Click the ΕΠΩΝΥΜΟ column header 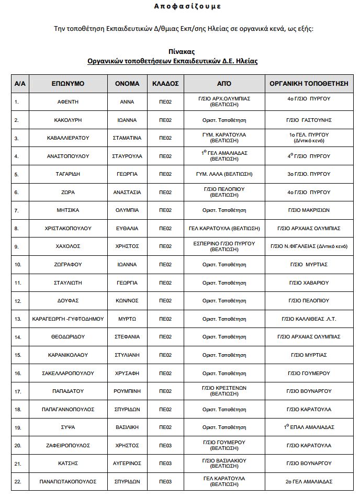[68, 84]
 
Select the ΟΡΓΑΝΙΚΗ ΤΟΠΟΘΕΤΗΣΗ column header [309, 84]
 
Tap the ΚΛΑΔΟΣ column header [165, 84]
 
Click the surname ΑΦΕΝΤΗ [68, 102]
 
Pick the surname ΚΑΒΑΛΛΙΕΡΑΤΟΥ [68, 138]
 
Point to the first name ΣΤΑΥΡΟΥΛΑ [127, 156]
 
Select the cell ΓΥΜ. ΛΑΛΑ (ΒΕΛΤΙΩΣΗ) [224, 174]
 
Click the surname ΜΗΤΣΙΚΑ [68, 210]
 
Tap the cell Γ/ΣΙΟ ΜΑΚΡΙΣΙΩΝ [309, 210]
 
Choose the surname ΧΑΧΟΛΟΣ [68, 246]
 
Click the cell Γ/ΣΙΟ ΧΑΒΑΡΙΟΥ [309, 283]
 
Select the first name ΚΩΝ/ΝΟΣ [127, 301]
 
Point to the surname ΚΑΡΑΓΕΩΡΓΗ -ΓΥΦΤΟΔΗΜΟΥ [68, 319]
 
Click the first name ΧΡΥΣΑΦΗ [127, 373]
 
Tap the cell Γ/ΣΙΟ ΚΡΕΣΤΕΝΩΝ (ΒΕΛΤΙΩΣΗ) [224, 391]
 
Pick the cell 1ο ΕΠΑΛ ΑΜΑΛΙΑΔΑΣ [309, 427]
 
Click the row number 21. [17, 464]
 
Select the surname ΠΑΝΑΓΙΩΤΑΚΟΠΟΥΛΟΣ [68, 481]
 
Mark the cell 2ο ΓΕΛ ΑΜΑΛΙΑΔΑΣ [309, 481]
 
